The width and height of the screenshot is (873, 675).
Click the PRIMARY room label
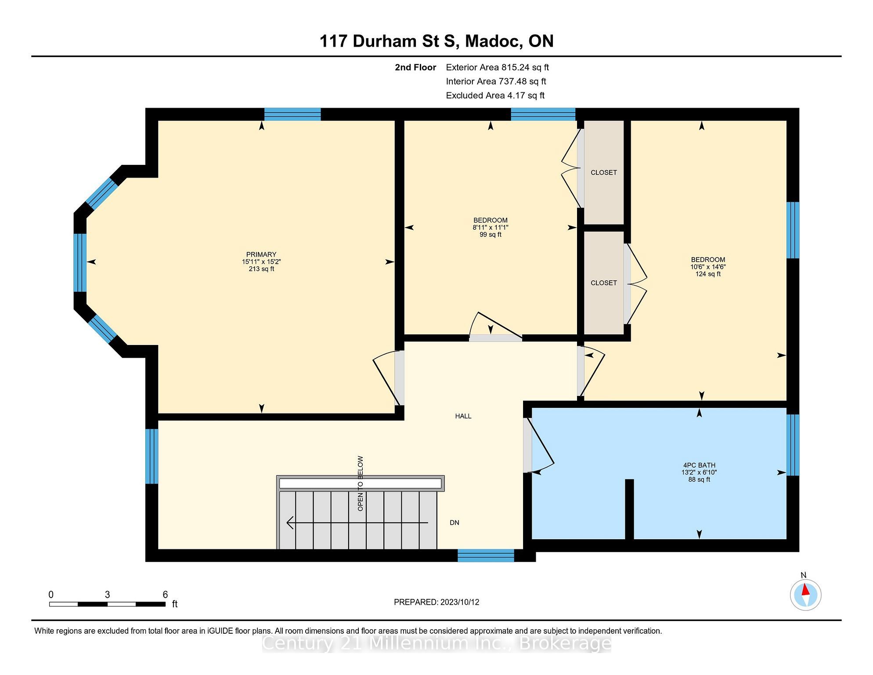tap(261, 254)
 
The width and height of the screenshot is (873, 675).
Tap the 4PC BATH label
tap(699, 465)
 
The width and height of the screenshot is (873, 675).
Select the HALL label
tap(463, 416)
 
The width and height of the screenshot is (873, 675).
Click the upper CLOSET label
tap(604, 173)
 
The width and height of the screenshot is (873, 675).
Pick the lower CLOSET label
tap(604, 283)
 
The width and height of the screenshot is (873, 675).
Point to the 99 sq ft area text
tap(491, 235)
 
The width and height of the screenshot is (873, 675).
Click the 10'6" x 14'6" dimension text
tap(708, 267)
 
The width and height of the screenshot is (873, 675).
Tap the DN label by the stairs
tap(455, 523)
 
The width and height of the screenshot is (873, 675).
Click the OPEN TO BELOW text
tap(361, 483)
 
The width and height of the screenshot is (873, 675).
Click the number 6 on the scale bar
tap(165, 595)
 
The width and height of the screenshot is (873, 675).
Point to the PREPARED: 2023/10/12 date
tap(436, 602)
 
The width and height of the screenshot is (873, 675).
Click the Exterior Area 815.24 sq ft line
tap(498, 67)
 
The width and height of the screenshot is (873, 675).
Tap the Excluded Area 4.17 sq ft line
tap(495, 95)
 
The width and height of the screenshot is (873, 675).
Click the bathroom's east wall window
tap(793, 445)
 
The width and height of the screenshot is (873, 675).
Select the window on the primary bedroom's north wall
tap(292, 114)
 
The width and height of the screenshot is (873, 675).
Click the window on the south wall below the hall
tap(486, 555)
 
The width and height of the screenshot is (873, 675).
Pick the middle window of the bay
tap(80, 263)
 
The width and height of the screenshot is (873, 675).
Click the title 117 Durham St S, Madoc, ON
tap(436, 41)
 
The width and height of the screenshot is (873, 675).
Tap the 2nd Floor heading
tap(415, 67)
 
